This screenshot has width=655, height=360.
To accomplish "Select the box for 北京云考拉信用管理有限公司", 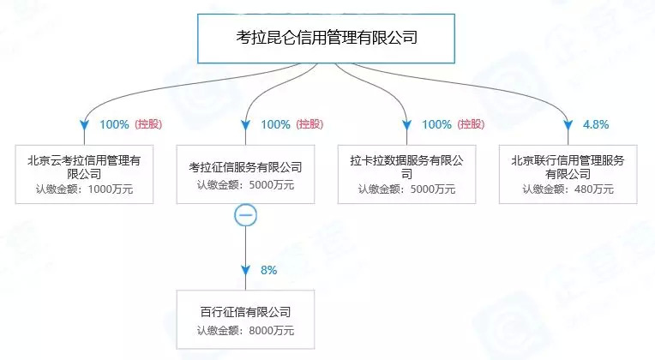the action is click(x=83, y=174).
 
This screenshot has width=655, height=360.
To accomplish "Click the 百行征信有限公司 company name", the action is click(x=245, y=311).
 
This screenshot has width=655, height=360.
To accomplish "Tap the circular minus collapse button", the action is click(x=245, y=216).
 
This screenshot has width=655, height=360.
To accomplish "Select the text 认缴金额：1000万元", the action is click(x=83, y=189).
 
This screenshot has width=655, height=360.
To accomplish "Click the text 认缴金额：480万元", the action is click(x=568, y=189).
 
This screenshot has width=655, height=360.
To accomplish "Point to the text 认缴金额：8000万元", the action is click(x=245, y=329).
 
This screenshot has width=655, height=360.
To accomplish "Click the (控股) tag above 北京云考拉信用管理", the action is click(x=148, y=124).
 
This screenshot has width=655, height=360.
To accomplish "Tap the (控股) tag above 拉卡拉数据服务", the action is click(x=472, y=124).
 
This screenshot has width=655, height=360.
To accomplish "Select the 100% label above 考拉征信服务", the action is click(x=275, y=124).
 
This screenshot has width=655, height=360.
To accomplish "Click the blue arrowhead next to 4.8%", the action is click(x=568, y=125).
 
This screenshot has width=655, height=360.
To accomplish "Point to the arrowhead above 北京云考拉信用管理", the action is click(x=83, y=125).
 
